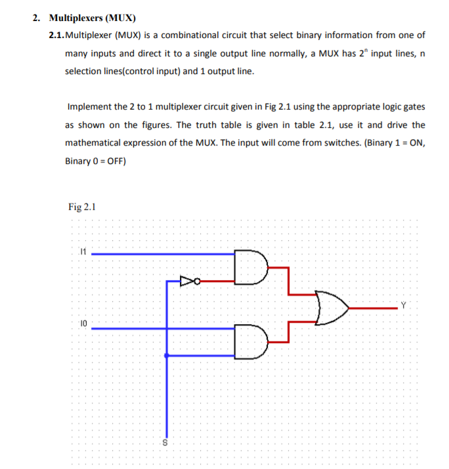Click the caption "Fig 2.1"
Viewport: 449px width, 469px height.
point(82,207)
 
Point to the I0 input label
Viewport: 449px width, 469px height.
point(82,323)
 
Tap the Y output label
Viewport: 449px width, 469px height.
point(404,304)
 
